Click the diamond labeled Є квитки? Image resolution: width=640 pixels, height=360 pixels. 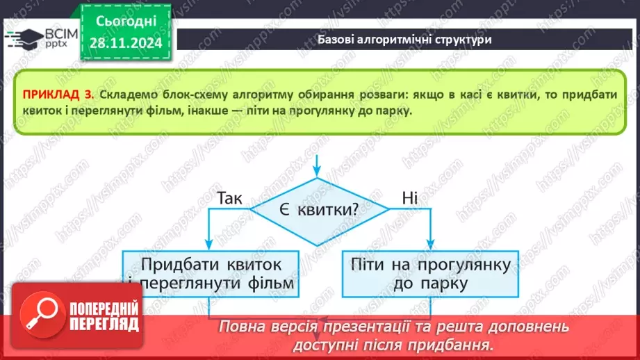tap(319, 209)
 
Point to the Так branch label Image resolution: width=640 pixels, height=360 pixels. tap(229, 199)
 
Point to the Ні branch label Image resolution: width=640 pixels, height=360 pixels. tap(409, 199)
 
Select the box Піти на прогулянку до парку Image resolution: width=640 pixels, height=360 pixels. tap(427, 274)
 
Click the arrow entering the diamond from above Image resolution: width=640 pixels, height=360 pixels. tap(318, 167)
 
